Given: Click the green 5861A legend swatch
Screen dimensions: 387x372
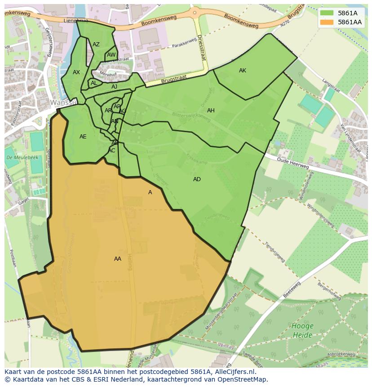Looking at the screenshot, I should tap(327, 13).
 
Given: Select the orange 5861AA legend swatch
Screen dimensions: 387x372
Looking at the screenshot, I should tap(327, 22).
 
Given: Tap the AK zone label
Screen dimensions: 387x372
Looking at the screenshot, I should tap(243, 71).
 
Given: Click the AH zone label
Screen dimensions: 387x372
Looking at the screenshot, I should tap(211, 111).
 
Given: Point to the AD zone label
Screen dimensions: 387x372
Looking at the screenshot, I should tap(197, 179).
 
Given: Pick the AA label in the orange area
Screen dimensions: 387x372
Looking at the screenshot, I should tap(118, 259).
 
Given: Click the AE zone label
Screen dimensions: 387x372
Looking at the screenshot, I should tap(83, 137).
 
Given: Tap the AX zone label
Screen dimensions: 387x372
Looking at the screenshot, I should tap(76, 72).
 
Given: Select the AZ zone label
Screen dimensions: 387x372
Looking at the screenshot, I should tap(96, 44).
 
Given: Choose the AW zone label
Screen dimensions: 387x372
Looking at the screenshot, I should tap(111, 55).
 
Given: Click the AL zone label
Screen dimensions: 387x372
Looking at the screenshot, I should tap(94, 83).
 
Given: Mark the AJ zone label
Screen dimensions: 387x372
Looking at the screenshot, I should tap(115, 87).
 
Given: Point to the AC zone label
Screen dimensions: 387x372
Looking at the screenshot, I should tap(112, 151).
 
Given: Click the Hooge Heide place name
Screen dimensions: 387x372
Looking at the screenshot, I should tap(302, 330).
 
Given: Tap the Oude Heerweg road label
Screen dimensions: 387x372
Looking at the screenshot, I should tap(292, 163).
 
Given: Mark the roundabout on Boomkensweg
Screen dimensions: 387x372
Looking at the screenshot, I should tap(195, 12).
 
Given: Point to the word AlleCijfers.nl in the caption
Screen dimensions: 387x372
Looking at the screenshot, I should tap(234, 372).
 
